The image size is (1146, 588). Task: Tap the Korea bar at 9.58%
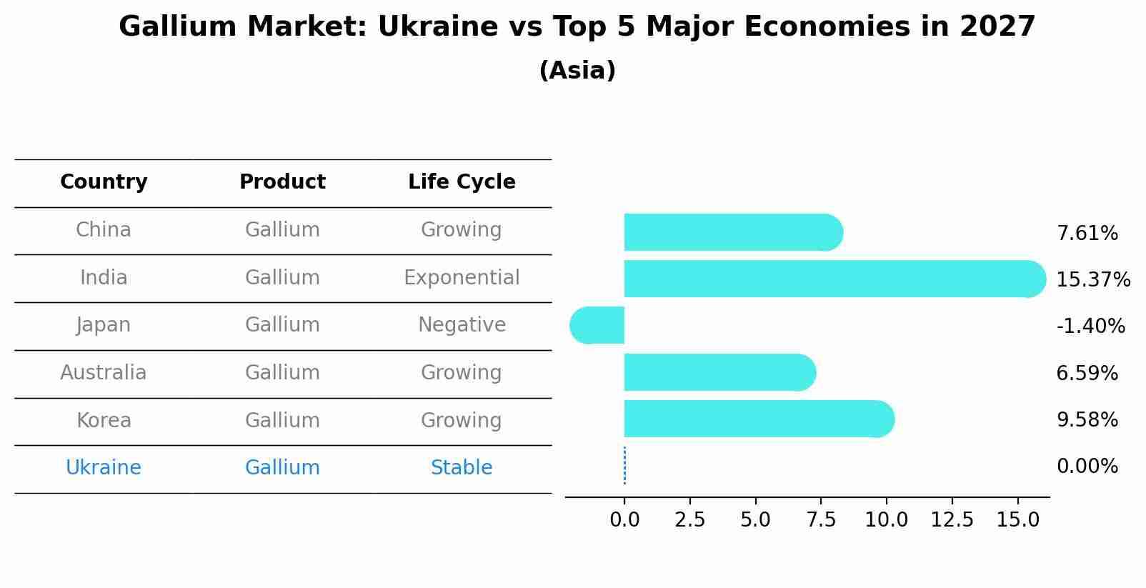(x=757, y=419)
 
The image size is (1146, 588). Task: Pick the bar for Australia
(x=718, y=372)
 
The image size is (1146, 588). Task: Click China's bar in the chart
(x=732, y=232)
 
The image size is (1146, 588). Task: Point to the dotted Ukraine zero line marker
(x=624, y=466)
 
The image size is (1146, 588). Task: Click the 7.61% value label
(x=1087, y=234)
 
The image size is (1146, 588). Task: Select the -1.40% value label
(x=1090, y=327)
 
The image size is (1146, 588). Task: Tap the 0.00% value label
(x=1087, y=467)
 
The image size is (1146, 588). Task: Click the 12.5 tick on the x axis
(x=952, y=520)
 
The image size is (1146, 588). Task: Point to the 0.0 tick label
(x=624, y=520)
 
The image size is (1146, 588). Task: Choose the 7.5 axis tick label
(x=821, y=520)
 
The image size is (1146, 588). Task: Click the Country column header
(x=104, y=182)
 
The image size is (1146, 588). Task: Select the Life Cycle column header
(x=462, y=182)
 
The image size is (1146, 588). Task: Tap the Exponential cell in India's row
(x=462, y=277)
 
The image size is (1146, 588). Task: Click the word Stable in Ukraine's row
(x=462, y=468)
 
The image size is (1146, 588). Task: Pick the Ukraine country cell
(x=104, y=468)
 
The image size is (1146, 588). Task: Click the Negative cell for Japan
(x=462, y=325)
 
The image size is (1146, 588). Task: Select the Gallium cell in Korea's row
(x=282, y=420)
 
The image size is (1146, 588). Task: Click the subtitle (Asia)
(x=577, y=71)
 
